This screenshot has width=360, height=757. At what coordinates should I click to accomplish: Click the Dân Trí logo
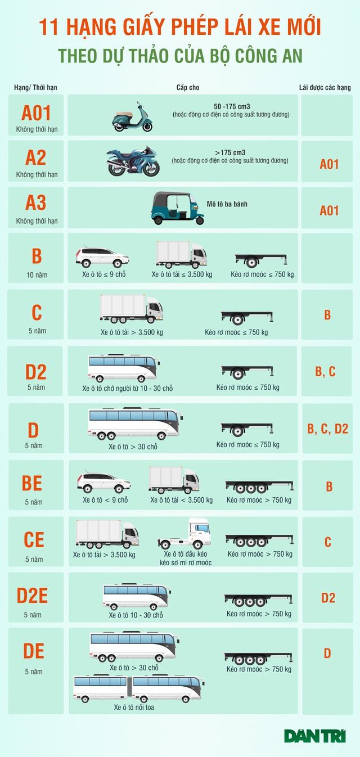pos(316,736)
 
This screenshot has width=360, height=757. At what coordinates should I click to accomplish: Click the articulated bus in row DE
pos(138,689)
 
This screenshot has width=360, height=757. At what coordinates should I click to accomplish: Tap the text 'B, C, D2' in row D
pos(328,429)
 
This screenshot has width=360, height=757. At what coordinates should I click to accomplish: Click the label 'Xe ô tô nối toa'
pos(134,708)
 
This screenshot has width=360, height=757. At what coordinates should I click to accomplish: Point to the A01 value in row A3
pos(329,211)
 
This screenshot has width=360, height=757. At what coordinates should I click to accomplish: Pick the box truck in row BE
pos(174,480)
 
